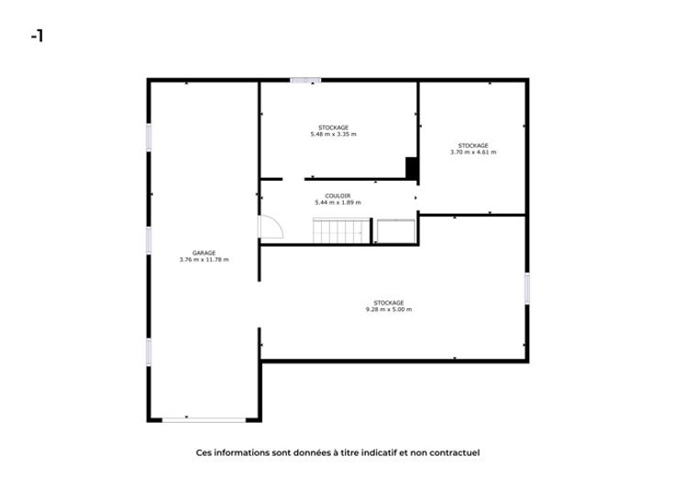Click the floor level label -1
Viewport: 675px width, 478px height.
pyautogui.click(x=37, y=36)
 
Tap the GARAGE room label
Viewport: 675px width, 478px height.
pyautogui.click(x=204, y=253)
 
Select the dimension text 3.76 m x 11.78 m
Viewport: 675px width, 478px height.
pyautogui.click(x=204, y=260)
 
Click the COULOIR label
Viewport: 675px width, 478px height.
pyautogui.click(x=337, y=196)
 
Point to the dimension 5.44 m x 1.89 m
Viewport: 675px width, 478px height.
pyautogui.click(x=337, y=203)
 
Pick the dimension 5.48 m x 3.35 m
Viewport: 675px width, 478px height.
pyautogui.click(x=334, y=134)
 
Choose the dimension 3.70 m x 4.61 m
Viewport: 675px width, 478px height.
pyautogui.click(x=473, y=152)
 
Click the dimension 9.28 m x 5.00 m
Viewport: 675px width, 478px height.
pyautogui.click(x=389, y=309)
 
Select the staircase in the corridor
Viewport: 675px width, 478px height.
pyautogui.click(x=341, y=231)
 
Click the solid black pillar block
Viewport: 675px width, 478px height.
pyautogui.click(x=412, y=168)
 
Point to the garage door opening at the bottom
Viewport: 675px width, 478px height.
pyautogui.click(x=204, y=419)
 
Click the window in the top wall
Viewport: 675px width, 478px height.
pyautogui.click(x=305, y=80)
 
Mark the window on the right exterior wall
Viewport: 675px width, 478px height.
pyautogui.click(x=526, y=288)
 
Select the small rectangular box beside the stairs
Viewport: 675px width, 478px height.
pyautogui.click(x=396, y=232)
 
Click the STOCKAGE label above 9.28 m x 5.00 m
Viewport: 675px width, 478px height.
pyautogui.click(x=389, y=303)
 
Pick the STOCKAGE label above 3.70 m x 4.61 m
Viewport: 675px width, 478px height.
pyautogui.click(x=473, y=146)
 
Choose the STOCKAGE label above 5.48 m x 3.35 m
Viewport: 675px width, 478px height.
pyautogui.click(x=334, y=128)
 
